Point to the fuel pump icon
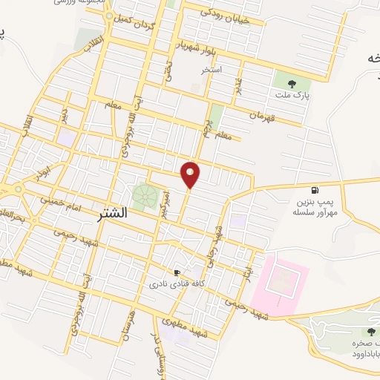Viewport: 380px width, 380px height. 315,190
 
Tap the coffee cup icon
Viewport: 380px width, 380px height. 177,272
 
